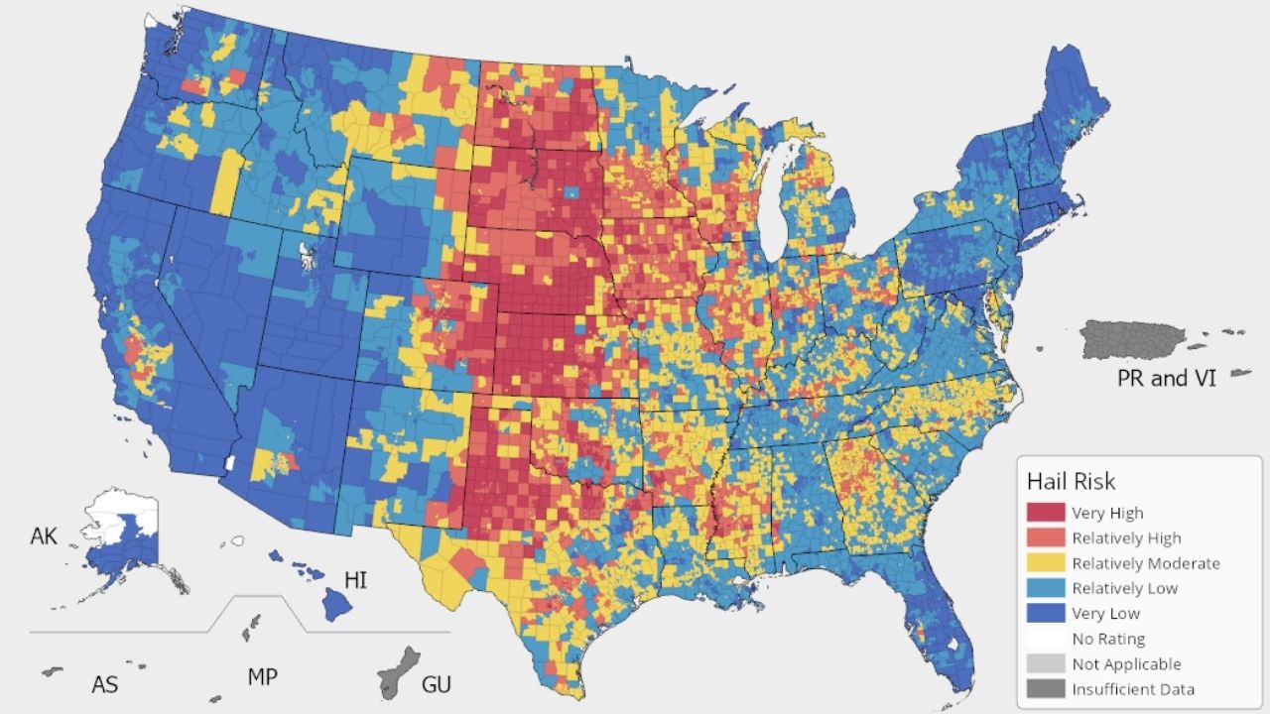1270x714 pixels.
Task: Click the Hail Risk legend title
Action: click(1071, 482)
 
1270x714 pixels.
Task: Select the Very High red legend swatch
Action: click(1046, 514)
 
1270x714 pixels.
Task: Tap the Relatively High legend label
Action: click(1126, 538)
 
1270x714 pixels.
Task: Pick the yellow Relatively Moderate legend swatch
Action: click(1046, 563)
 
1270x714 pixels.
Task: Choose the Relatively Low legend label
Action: click(1124, 588)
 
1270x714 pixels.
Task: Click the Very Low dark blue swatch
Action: click(1046, 614)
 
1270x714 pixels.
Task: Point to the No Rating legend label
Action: click(1107, 639)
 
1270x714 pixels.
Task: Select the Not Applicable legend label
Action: click(1125, 664)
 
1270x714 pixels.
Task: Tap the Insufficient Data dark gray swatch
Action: click(1046, 689)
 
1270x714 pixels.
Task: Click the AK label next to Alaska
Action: click(44, 536)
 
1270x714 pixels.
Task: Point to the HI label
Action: click(355, 579)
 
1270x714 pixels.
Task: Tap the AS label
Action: click(105, 683)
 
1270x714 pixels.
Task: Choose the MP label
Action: click(262, 677)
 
